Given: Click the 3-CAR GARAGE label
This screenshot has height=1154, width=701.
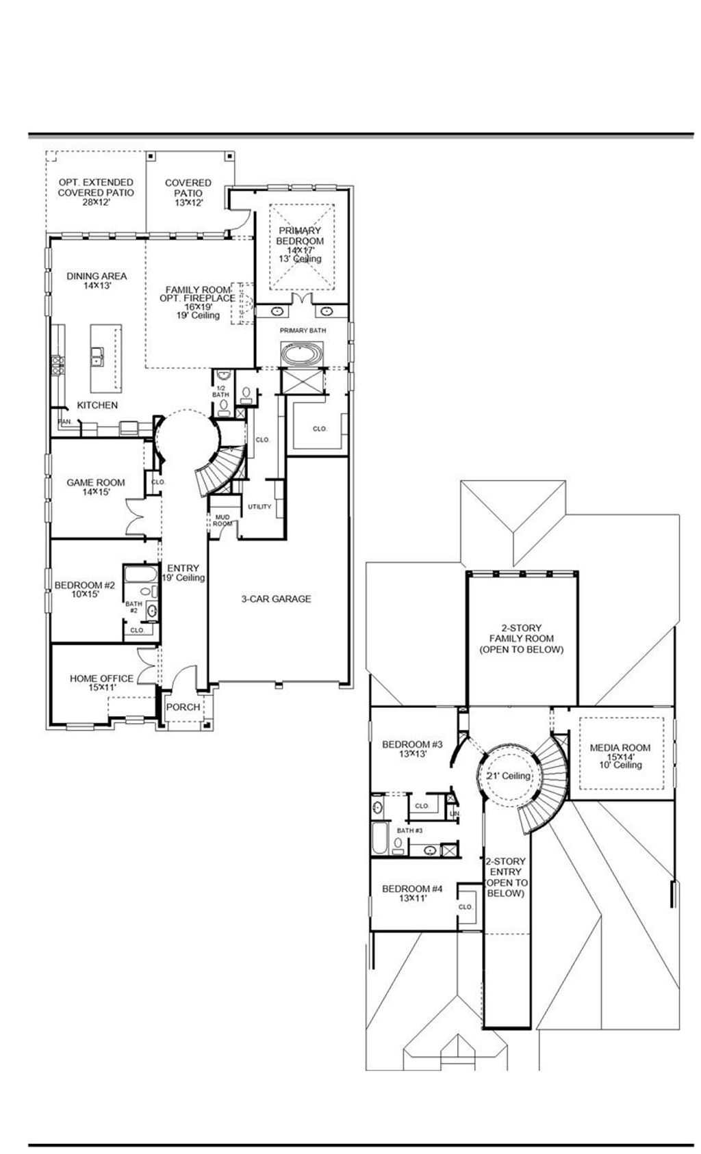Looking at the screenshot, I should (x=276, y=599).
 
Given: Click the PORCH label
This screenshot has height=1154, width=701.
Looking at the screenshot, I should (x=183, y=707).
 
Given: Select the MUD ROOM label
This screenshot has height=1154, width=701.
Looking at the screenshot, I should (x=222, y=520).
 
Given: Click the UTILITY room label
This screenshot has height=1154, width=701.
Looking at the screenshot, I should (x=259, y=506).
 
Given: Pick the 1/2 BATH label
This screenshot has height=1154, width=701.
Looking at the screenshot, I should (x=220, y=391).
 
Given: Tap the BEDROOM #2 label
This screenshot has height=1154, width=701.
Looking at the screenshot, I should (x=85, y=589).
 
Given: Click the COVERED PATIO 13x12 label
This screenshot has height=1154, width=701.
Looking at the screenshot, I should (x=188, y=192).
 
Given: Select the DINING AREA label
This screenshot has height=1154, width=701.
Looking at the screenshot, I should (x=97, y=280).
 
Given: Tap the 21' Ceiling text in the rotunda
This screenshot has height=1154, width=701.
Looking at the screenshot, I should (x=508, y=776).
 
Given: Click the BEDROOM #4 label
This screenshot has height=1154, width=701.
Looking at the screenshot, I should (x=412, y=893).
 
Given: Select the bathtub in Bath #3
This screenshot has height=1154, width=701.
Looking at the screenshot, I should (x=380, y=838).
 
